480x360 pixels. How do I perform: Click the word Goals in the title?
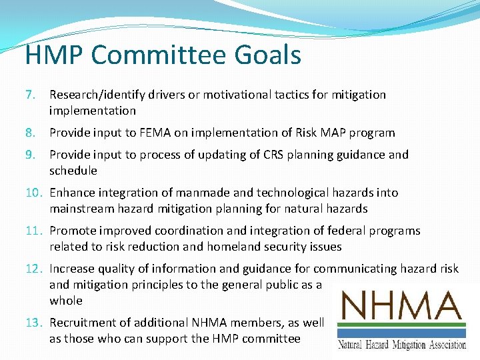(268, 55)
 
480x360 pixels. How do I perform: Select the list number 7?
(30, 95)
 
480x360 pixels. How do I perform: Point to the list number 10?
(34, 193)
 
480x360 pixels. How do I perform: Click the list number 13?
(34, 323)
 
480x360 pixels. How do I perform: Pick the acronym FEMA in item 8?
(155, 133)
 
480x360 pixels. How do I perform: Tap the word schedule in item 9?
(73, 171)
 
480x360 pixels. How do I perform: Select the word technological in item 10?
(293, 193)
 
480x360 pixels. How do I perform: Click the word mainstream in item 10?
(82, 209)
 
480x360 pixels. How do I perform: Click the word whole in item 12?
(66, 301)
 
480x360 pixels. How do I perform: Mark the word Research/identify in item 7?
(97, 95)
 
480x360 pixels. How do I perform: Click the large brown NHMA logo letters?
(401, 305)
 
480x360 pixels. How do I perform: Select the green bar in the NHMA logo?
(401, 325)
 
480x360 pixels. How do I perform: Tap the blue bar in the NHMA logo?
(401, 333)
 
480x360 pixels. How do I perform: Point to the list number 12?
(34, 269)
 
